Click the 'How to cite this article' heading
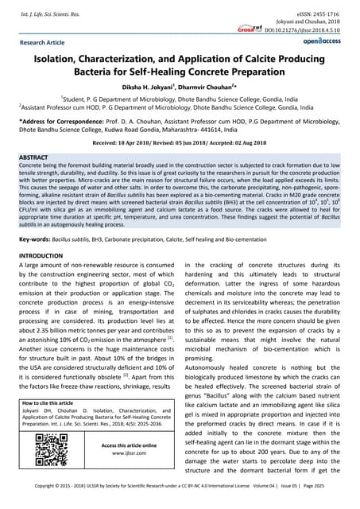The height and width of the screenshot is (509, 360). (x=61, y=403)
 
